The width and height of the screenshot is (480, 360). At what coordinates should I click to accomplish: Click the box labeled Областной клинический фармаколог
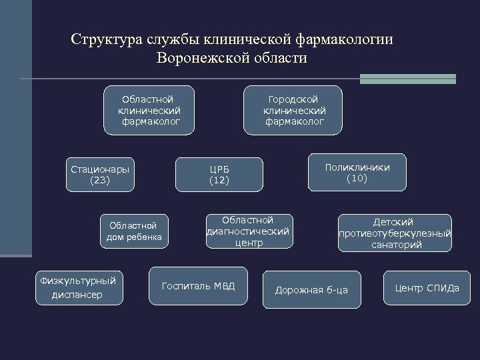point(149,110)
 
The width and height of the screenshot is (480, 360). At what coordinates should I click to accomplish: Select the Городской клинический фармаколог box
point(294,110)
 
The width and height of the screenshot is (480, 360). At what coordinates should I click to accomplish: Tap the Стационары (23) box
point(100,174)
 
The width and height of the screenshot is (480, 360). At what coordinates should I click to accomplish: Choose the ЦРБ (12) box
point(219,174)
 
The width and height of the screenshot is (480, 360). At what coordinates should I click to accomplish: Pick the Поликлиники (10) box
point(357,173)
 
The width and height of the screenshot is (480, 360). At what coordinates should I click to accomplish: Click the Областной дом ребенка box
point(135,231)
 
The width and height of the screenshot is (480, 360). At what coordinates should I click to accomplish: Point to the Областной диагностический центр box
point(247,231)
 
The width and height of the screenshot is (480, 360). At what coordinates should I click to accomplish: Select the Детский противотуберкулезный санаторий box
point(395,233)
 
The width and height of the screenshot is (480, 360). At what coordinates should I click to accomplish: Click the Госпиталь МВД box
point(198,287)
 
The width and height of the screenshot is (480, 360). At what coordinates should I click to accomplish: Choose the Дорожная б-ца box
point(311,289)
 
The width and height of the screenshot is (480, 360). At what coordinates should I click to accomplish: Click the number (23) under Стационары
point(100,180)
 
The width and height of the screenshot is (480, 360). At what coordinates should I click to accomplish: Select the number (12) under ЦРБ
point(219,181)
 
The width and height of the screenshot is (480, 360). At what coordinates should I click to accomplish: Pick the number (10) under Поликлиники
point(357,179)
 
